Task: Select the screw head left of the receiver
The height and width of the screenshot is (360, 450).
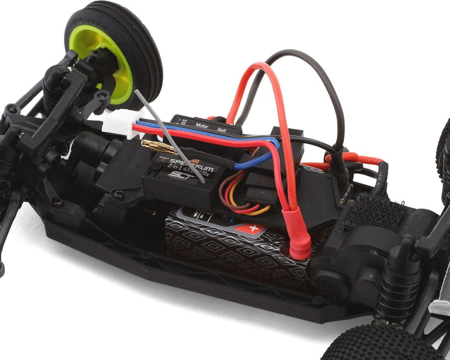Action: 119,194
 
